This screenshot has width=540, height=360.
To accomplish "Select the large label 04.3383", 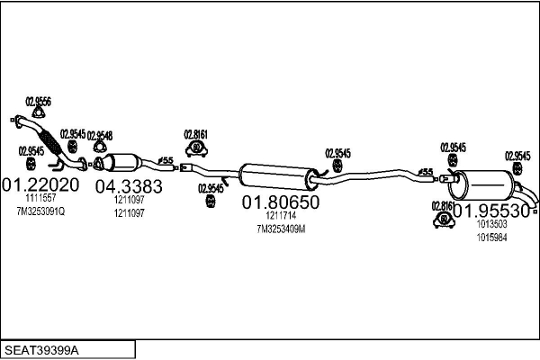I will [x=129, y=187].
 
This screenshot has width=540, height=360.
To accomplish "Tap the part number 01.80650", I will [x=279, y=203].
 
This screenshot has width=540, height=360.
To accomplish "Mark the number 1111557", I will [x=40, y=198].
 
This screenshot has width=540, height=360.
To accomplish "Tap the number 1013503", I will [x=491, y=224].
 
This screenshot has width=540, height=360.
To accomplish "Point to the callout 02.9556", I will [x=38, y=100].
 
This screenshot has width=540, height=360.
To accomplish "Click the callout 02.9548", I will [x=99, y=135].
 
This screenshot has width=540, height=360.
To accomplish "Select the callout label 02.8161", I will [x=196, y=134].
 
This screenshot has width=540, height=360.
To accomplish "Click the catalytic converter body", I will [x=122, y=165].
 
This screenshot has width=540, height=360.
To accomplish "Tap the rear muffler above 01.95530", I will [x=486, y=185].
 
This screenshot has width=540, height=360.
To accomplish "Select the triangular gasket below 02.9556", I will [x=38, y=112].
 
